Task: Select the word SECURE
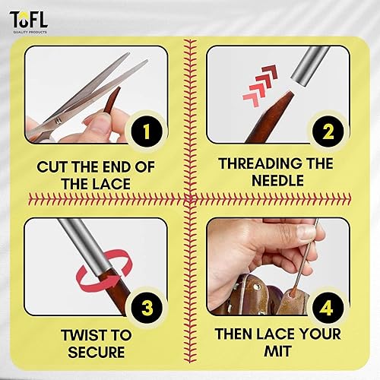[x=93, y=353]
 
